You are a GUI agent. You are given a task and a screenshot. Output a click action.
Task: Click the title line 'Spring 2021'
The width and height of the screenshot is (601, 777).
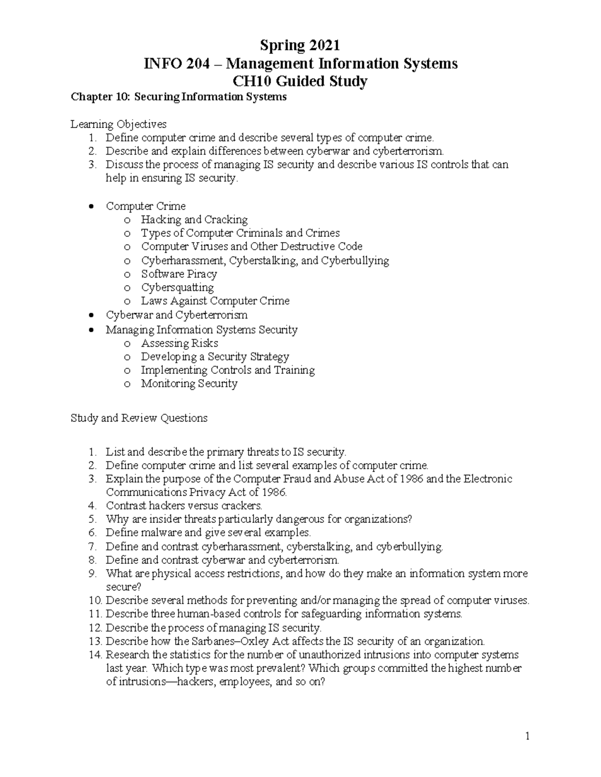tap(300, 46)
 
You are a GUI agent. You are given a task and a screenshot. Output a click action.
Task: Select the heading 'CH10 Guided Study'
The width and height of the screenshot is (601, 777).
tap(300, 81)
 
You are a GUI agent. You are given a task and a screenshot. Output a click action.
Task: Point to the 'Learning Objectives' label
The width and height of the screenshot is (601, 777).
tap(119, 124)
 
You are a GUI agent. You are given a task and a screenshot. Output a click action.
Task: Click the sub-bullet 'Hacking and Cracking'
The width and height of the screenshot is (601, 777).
tap(194, 220)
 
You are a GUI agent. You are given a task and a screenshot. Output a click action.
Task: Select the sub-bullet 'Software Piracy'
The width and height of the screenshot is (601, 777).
tap(179, 274)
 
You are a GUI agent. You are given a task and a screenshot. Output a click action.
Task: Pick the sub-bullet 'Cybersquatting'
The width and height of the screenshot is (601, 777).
tap(177, 287)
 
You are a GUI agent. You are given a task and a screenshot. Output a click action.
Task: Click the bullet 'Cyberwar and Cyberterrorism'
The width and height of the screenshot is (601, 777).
tap(176, 315)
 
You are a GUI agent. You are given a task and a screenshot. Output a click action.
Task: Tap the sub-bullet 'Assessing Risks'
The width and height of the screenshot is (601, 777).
tap(179, 343)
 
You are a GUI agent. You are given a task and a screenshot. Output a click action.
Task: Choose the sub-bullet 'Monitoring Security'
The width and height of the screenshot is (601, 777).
tap(189, 384)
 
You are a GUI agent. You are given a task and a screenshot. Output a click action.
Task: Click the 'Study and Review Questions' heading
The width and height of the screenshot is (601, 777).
tap(139, 418)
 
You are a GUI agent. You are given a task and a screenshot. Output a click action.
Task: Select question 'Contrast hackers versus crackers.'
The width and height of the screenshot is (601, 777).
tap(184, 506)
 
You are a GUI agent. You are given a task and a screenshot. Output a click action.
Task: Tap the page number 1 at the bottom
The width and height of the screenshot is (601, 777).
tap(527, 736)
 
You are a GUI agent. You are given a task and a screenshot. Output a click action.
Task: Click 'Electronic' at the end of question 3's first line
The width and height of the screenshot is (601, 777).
tap(488, 479)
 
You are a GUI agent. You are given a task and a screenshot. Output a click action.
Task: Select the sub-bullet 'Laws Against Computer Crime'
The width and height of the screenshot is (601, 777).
tap(215, 301)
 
